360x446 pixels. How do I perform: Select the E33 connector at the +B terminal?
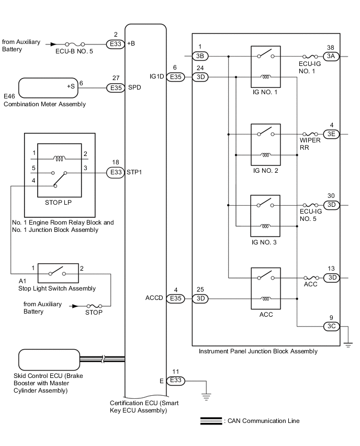(x=115, y=44)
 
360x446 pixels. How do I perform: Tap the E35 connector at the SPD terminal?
(x=115, y=87)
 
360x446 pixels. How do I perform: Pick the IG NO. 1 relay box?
(x=266, y=66)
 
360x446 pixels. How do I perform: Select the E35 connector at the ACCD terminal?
(x=175, y=299)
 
